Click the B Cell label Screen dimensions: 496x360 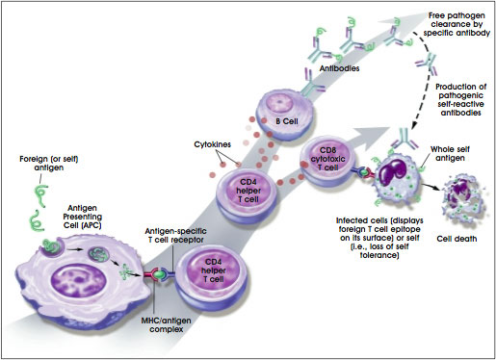[287, 121]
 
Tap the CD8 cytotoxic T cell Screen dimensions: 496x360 [327, 161]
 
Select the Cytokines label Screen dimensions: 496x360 [212, 144]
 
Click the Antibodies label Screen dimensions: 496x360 [339, 68]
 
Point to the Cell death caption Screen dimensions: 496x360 [457, 239]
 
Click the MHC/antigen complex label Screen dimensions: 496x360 [166, 324]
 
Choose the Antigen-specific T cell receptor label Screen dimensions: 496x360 [175, 235]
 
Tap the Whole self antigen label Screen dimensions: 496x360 [450, 153]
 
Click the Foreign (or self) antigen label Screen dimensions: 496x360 [49, 163]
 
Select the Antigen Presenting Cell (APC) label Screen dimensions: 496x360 [83, 217]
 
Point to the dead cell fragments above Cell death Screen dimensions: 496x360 [463, 200]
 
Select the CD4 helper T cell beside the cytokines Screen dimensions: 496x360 [247, 195]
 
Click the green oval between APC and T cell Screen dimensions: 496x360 [158, 274]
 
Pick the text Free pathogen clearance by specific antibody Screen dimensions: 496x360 [457, 24]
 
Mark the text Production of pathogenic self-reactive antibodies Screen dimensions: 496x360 [460, 99]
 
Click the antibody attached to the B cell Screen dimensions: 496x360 [310, 84]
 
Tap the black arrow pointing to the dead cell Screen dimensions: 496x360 [431, 187]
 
